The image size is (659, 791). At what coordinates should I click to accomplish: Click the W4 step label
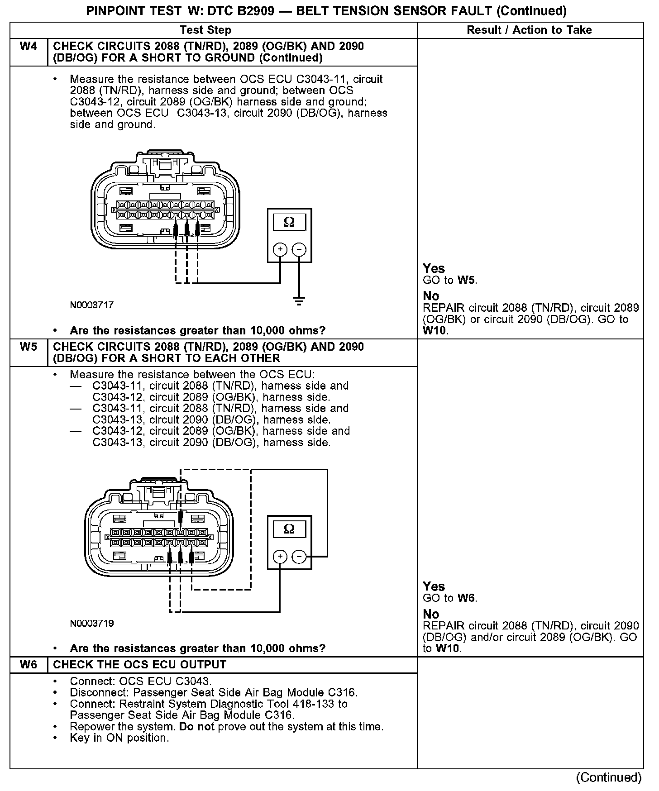pyautogui.click(x=28, y=47)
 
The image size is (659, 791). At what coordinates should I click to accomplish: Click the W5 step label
pyautogui.click(x=28, y=347)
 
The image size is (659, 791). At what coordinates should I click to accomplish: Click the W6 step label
pyautogui.click(x=28, y=665)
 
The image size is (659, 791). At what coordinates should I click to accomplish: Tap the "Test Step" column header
pyautogui.click(x=205, y=30)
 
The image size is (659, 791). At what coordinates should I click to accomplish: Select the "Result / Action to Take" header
pyautogui.click(x=529, y=30)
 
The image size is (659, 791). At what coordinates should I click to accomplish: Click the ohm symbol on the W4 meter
pyautogui.click(x=289, y=222)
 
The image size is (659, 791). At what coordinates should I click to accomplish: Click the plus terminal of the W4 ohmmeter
pyautogui.click(x=280, y=249)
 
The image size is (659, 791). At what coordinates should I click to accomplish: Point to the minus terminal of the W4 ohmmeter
pyautogui.click(x=299, y=249)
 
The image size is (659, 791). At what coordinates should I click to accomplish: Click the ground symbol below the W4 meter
pyautogui.click(x=299, y=301)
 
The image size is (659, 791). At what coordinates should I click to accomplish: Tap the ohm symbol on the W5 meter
pyautogui.click(x=289, y=529)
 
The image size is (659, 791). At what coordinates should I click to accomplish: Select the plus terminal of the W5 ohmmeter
pyautogui.click(x=280, y=556)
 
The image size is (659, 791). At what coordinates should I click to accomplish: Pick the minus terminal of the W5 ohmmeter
pyautogui.click(x=299, y=556)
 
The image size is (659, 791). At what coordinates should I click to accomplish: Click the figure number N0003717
pyautogui.click(x=91, y=305)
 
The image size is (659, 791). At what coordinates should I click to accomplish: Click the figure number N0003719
pyautogui.click(x=91, y=624)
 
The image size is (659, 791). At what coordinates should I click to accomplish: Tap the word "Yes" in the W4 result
pyautogui.click(x=434, y=268)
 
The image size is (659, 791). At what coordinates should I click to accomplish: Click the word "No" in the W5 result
pyautogui.click(x=431, y=614)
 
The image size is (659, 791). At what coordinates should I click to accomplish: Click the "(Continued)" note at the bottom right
pyautogui.click(x=609, y=777)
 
